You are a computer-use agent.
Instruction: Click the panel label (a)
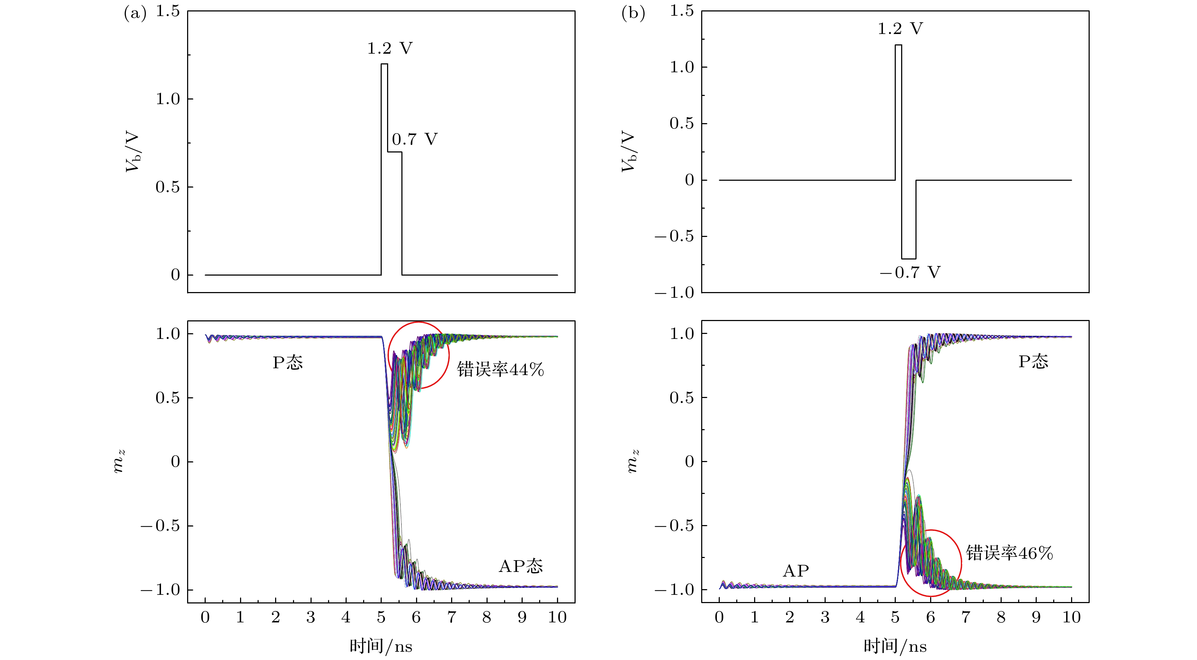click(x=135, y=14)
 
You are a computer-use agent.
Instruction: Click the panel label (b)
click(x=633, y=14)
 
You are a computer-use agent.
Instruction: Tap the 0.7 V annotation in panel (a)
click(x=415, y=139)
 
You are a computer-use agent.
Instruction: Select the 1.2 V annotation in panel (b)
click(x=900, y=29)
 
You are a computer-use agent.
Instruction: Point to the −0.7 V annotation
click(x=910, y=272)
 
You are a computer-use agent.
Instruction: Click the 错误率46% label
click(x=1009, y=553)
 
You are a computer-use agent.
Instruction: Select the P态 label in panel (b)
click(x=1034, y=361)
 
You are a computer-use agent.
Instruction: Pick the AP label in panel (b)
click(x=796, y=571)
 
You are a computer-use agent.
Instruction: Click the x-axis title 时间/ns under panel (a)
click(x=381, y=646)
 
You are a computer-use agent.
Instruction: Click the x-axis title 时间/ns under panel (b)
click(x=895, y=646)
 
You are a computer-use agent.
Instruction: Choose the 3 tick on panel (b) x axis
click(x=825, y=617)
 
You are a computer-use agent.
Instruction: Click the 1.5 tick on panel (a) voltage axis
click(x=167, y=11)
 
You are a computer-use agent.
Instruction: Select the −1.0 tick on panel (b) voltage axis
click(x=675, y=293)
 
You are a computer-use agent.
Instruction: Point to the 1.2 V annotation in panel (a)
click(x=390, y=48)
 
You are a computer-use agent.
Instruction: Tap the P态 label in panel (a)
click(x=288, y=363)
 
